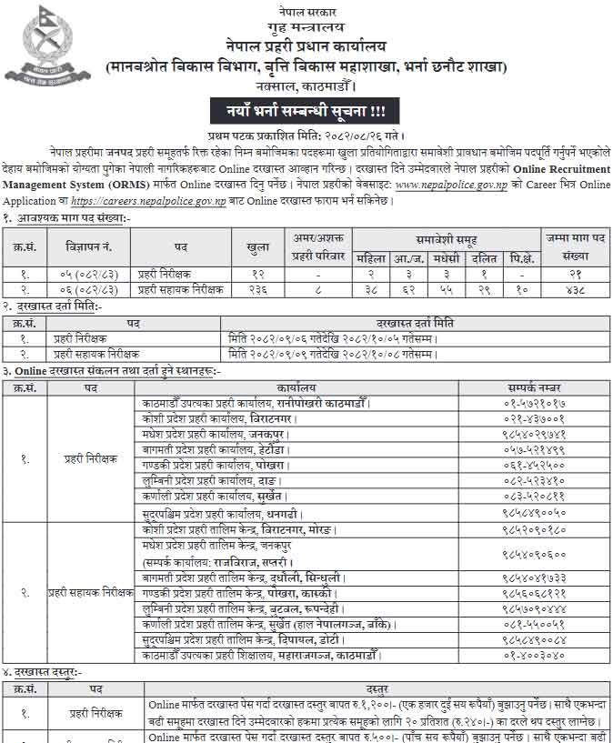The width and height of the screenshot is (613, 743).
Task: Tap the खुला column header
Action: click(257, 246)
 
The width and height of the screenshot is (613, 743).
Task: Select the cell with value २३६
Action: click(257, 289)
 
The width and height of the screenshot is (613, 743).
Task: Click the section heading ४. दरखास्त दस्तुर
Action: click(45, 671)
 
